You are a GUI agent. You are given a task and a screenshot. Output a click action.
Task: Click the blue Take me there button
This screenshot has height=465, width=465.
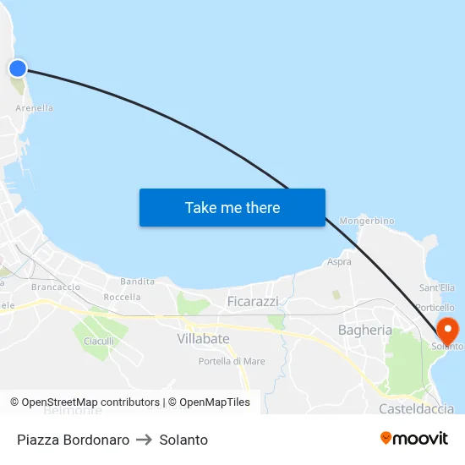click(x=232, y=207)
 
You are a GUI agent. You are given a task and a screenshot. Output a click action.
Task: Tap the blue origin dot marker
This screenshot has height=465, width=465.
click(x=17, y=68)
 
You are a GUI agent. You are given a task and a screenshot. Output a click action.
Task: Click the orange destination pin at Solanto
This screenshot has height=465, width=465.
click(x=446, y=329)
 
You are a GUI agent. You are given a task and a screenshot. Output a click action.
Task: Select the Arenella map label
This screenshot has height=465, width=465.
click(x=35, y=108)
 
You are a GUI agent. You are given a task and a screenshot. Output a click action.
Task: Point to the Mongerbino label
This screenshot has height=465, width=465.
click(x=367, y=221)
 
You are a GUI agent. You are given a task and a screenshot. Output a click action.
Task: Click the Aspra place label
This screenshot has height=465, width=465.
click(x=339, y=262)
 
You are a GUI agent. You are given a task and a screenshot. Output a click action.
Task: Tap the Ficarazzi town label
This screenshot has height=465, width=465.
click(x=253, y=301)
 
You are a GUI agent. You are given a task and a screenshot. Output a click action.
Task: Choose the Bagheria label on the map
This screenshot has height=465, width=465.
click(x=364, y=330)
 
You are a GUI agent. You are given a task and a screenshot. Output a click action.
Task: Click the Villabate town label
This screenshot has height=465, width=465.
click(x=203, y=338)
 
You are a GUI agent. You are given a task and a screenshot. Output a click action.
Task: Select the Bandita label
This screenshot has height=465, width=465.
click(x=137, y=282)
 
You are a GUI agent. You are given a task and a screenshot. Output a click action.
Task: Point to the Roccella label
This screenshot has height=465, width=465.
click(x=122, y=298)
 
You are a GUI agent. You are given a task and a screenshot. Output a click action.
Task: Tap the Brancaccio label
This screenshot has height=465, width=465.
click(x=55, y=287)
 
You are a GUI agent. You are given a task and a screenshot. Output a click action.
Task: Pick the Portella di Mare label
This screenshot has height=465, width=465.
click(x=232, y=361)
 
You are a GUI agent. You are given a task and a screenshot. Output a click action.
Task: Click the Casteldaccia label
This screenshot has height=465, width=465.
click(x=416, y=408)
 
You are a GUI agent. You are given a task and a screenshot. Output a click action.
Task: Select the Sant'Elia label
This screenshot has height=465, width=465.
click(x=437, y=288)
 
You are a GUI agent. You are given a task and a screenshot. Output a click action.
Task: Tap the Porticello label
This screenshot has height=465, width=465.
click(x=435, y=308)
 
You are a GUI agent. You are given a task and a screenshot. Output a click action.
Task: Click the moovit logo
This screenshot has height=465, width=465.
click(x=414, y=438)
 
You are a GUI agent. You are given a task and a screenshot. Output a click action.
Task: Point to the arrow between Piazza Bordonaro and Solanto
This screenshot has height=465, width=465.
click(x=145, y=440)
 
